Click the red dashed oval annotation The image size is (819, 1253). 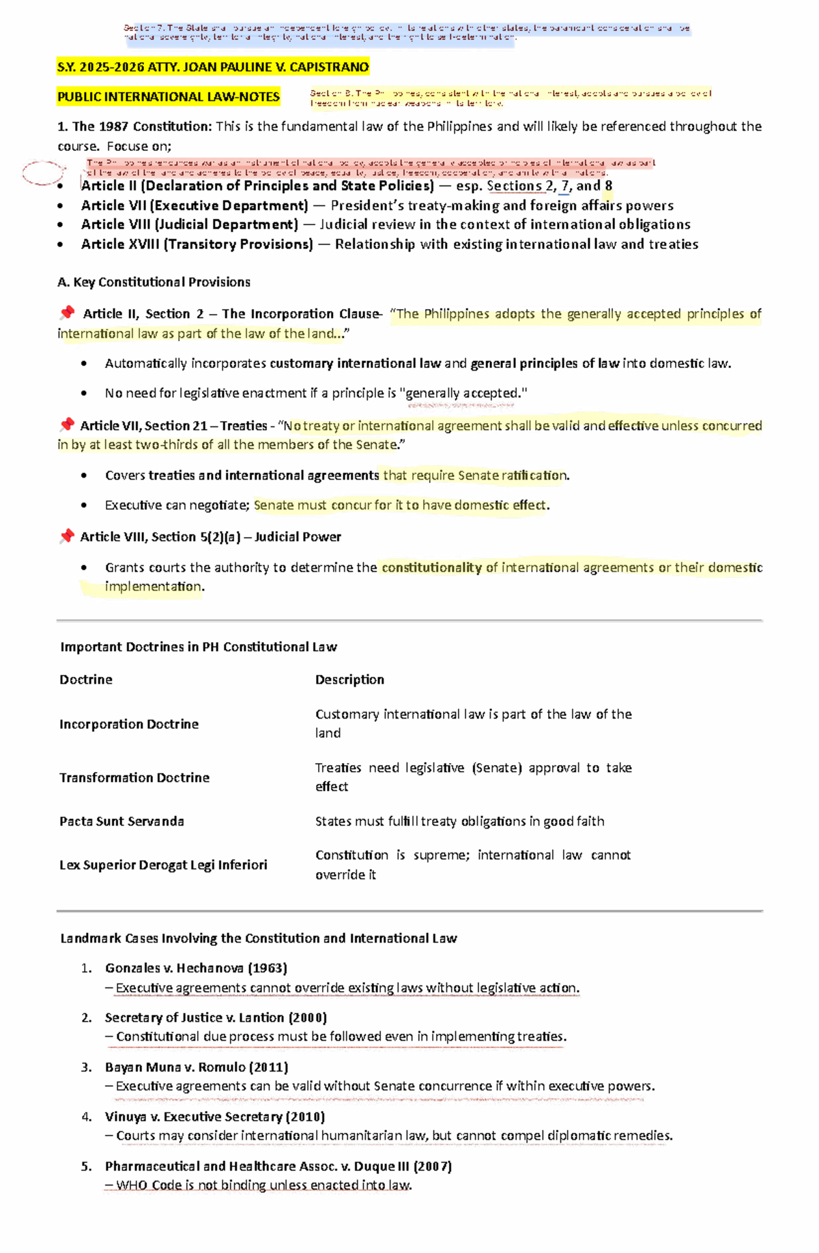43,173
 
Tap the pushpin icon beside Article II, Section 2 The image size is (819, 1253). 67,313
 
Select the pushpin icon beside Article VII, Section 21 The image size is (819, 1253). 66,425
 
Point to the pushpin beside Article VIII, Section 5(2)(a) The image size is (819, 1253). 66,536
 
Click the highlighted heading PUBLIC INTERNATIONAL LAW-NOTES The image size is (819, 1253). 169,97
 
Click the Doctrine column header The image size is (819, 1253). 86,680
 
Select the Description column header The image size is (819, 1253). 349,680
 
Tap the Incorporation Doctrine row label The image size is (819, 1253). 129,724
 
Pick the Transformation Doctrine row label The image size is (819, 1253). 134,777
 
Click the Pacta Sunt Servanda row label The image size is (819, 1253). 121,821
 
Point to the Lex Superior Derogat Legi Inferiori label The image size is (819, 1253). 163,865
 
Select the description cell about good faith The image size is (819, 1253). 459,821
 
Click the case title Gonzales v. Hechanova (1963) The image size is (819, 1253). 196,968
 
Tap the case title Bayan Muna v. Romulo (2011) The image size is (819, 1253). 197,1067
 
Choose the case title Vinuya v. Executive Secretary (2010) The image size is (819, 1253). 215,1117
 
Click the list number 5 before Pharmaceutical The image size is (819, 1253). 86,1166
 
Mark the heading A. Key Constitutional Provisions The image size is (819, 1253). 155,282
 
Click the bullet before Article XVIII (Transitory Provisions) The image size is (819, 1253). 61,244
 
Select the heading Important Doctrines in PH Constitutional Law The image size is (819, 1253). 199,647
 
